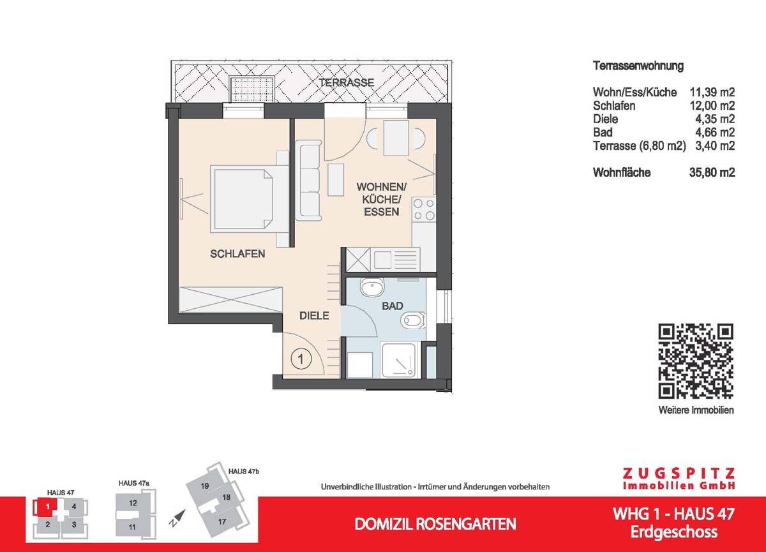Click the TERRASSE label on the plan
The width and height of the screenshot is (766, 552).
tap(347, 83)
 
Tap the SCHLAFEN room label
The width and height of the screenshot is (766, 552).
tap(237, 254)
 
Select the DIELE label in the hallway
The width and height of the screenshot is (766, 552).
tap(315, 315)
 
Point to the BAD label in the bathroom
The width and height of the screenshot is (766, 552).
tap(393, 306)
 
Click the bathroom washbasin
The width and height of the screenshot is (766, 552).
tap(370, 288)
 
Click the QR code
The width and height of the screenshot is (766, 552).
tap(696, 361)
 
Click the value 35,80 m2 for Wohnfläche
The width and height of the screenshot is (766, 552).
tap(712, 172)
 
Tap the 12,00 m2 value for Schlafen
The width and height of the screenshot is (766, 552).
tap(712, 106)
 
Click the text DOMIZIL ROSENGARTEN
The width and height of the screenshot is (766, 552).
tap(435, 525)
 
